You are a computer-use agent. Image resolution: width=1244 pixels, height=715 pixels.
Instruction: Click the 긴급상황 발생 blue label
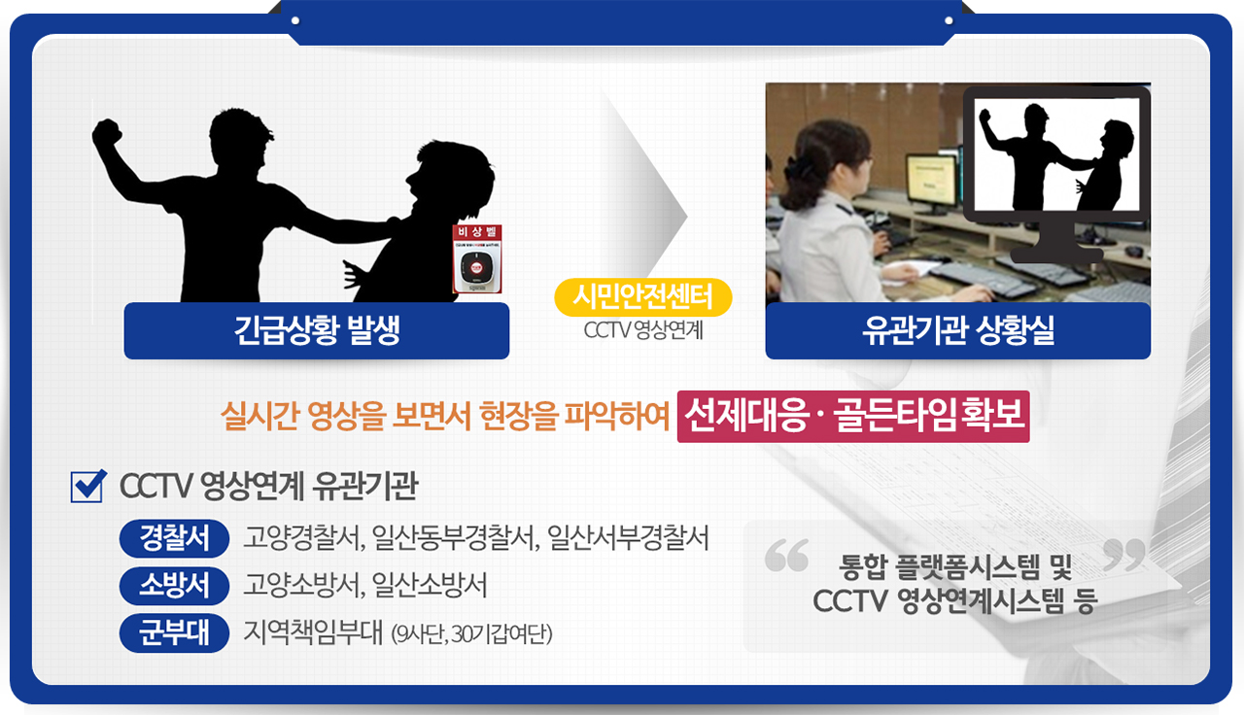click(317, 331)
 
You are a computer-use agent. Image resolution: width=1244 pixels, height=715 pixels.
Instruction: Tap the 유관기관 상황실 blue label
click(957, 331)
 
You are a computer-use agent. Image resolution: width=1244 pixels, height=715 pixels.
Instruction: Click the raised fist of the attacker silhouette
click(107, 134)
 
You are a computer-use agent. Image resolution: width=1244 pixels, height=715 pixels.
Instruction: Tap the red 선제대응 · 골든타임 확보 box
click(852, 417)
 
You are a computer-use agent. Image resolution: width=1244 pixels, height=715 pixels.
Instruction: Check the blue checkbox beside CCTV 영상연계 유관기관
click(88, 487)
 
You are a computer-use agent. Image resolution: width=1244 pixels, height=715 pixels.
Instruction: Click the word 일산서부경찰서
click(628, 537)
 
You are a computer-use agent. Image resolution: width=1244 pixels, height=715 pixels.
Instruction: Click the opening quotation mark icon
click(786, 555)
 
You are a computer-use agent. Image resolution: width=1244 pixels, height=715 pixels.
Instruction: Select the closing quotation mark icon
click(1125, 555)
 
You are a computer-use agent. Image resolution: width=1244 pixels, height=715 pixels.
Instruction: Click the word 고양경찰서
click(290, 537)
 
